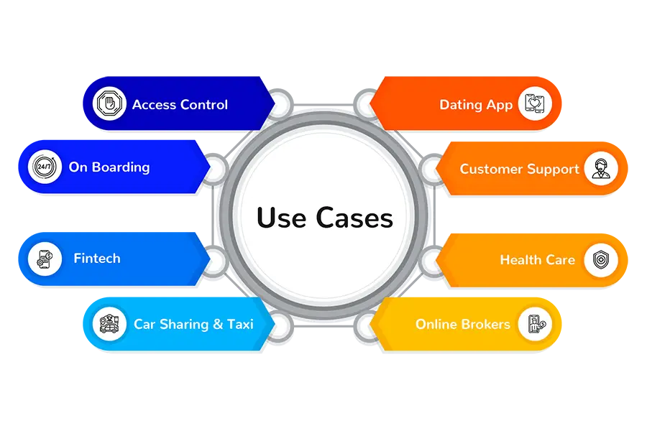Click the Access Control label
click(x=180, y=105)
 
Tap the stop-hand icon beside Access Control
click(x=109, y=104)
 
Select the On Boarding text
click(x=109, y=167)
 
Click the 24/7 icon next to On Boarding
click(x=41, y=167)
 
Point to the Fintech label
click(x=97, y=259)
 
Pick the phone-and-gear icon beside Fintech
click(x=41, y=259)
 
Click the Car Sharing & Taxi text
click(x=193, y=324)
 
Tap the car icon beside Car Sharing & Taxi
click(x=109, y=323)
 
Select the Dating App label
click(x=476, y=105)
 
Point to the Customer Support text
click(x=519, y=170)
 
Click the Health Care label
click(x=537, y=260)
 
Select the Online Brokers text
click(x=463, y=324)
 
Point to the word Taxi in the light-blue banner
click(x=240, y=324)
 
